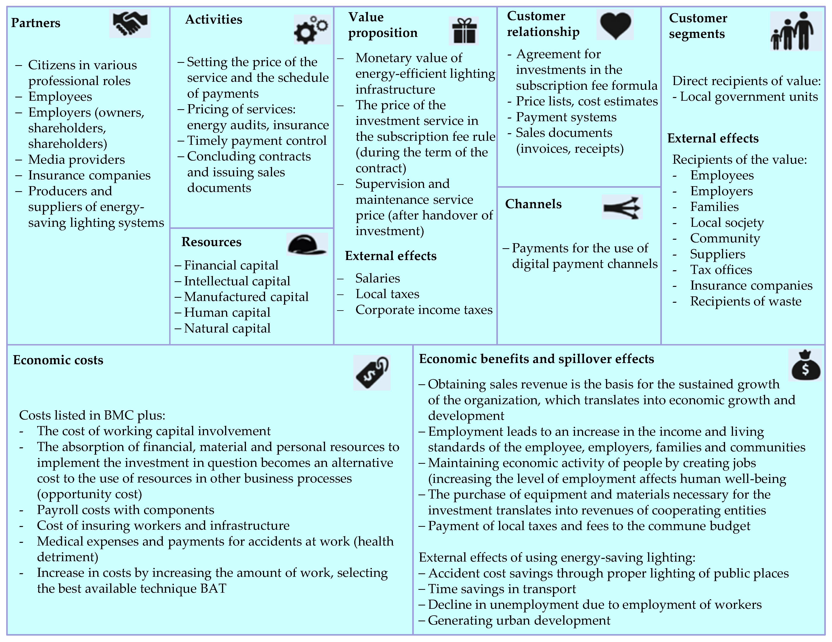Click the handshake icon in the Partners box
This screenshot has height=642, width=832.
pos(130,24)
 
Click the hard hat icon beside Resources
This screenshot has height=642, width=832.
pos(307,244)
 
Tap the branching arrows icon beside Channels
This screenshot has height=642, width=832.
pos(622,207)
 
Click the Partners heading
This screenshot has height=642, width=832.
pos(36,23)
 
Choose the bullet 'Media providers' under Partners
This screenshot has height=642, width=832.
pos(76,159)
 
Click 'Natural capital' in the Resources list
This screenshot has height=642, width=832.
pos(227,328)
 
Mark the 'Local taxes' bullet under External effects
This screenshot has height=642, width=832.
pos(387,294)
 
